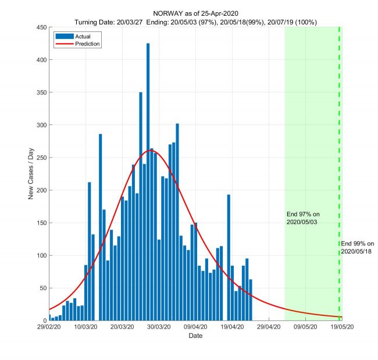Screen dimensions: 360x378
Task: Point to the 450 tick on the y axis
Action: tap(42, 27)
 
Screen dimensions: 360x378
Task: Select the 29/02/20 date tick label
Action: tap(49, 328)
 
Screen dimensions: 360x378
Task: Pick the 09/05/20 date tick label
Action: tap(305, 328)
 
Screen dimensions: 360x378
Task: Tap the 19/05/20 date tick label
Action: tap(342, 328)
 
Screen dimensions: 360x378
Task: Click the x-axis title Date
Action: tap(195, 336)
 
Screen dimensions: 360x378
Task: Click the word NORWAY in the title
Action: tap(169, 13)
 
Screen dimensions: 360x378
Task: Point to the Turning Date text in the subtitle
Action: tap(97, 22)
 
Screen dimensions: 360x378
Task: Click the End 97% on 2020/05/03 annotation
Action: tap(303, 218)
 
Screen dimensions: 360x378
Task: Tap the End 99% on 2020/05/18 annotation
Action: tap(357, 247)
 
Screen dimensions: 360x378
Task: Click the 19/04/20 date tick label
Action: tap(232, 328)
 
